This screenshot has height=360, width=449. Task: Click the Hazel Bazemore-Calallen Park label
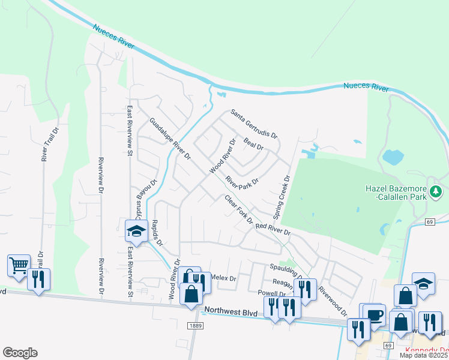coord(396,192)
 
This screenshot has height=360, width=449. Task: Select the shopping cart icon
coord(19,264)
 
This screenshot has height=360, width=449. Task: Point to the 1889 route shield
coord(194,325)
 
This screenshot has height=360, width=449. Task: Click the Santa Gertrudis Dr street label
coord(255,124)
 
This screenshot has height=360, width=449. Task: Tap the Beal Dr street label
coord(253,144)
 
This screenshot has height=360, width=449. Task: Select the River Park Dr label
coord(242,181)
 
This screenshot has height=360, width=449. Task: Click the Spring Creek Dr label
coord(282,196)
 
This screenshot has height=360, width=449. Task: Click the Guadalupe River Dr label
coord(169,139)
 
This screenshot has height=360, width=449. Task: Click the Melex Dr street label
coord(224,278)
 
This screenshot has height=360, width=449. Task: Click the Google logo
coord(20,353)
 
